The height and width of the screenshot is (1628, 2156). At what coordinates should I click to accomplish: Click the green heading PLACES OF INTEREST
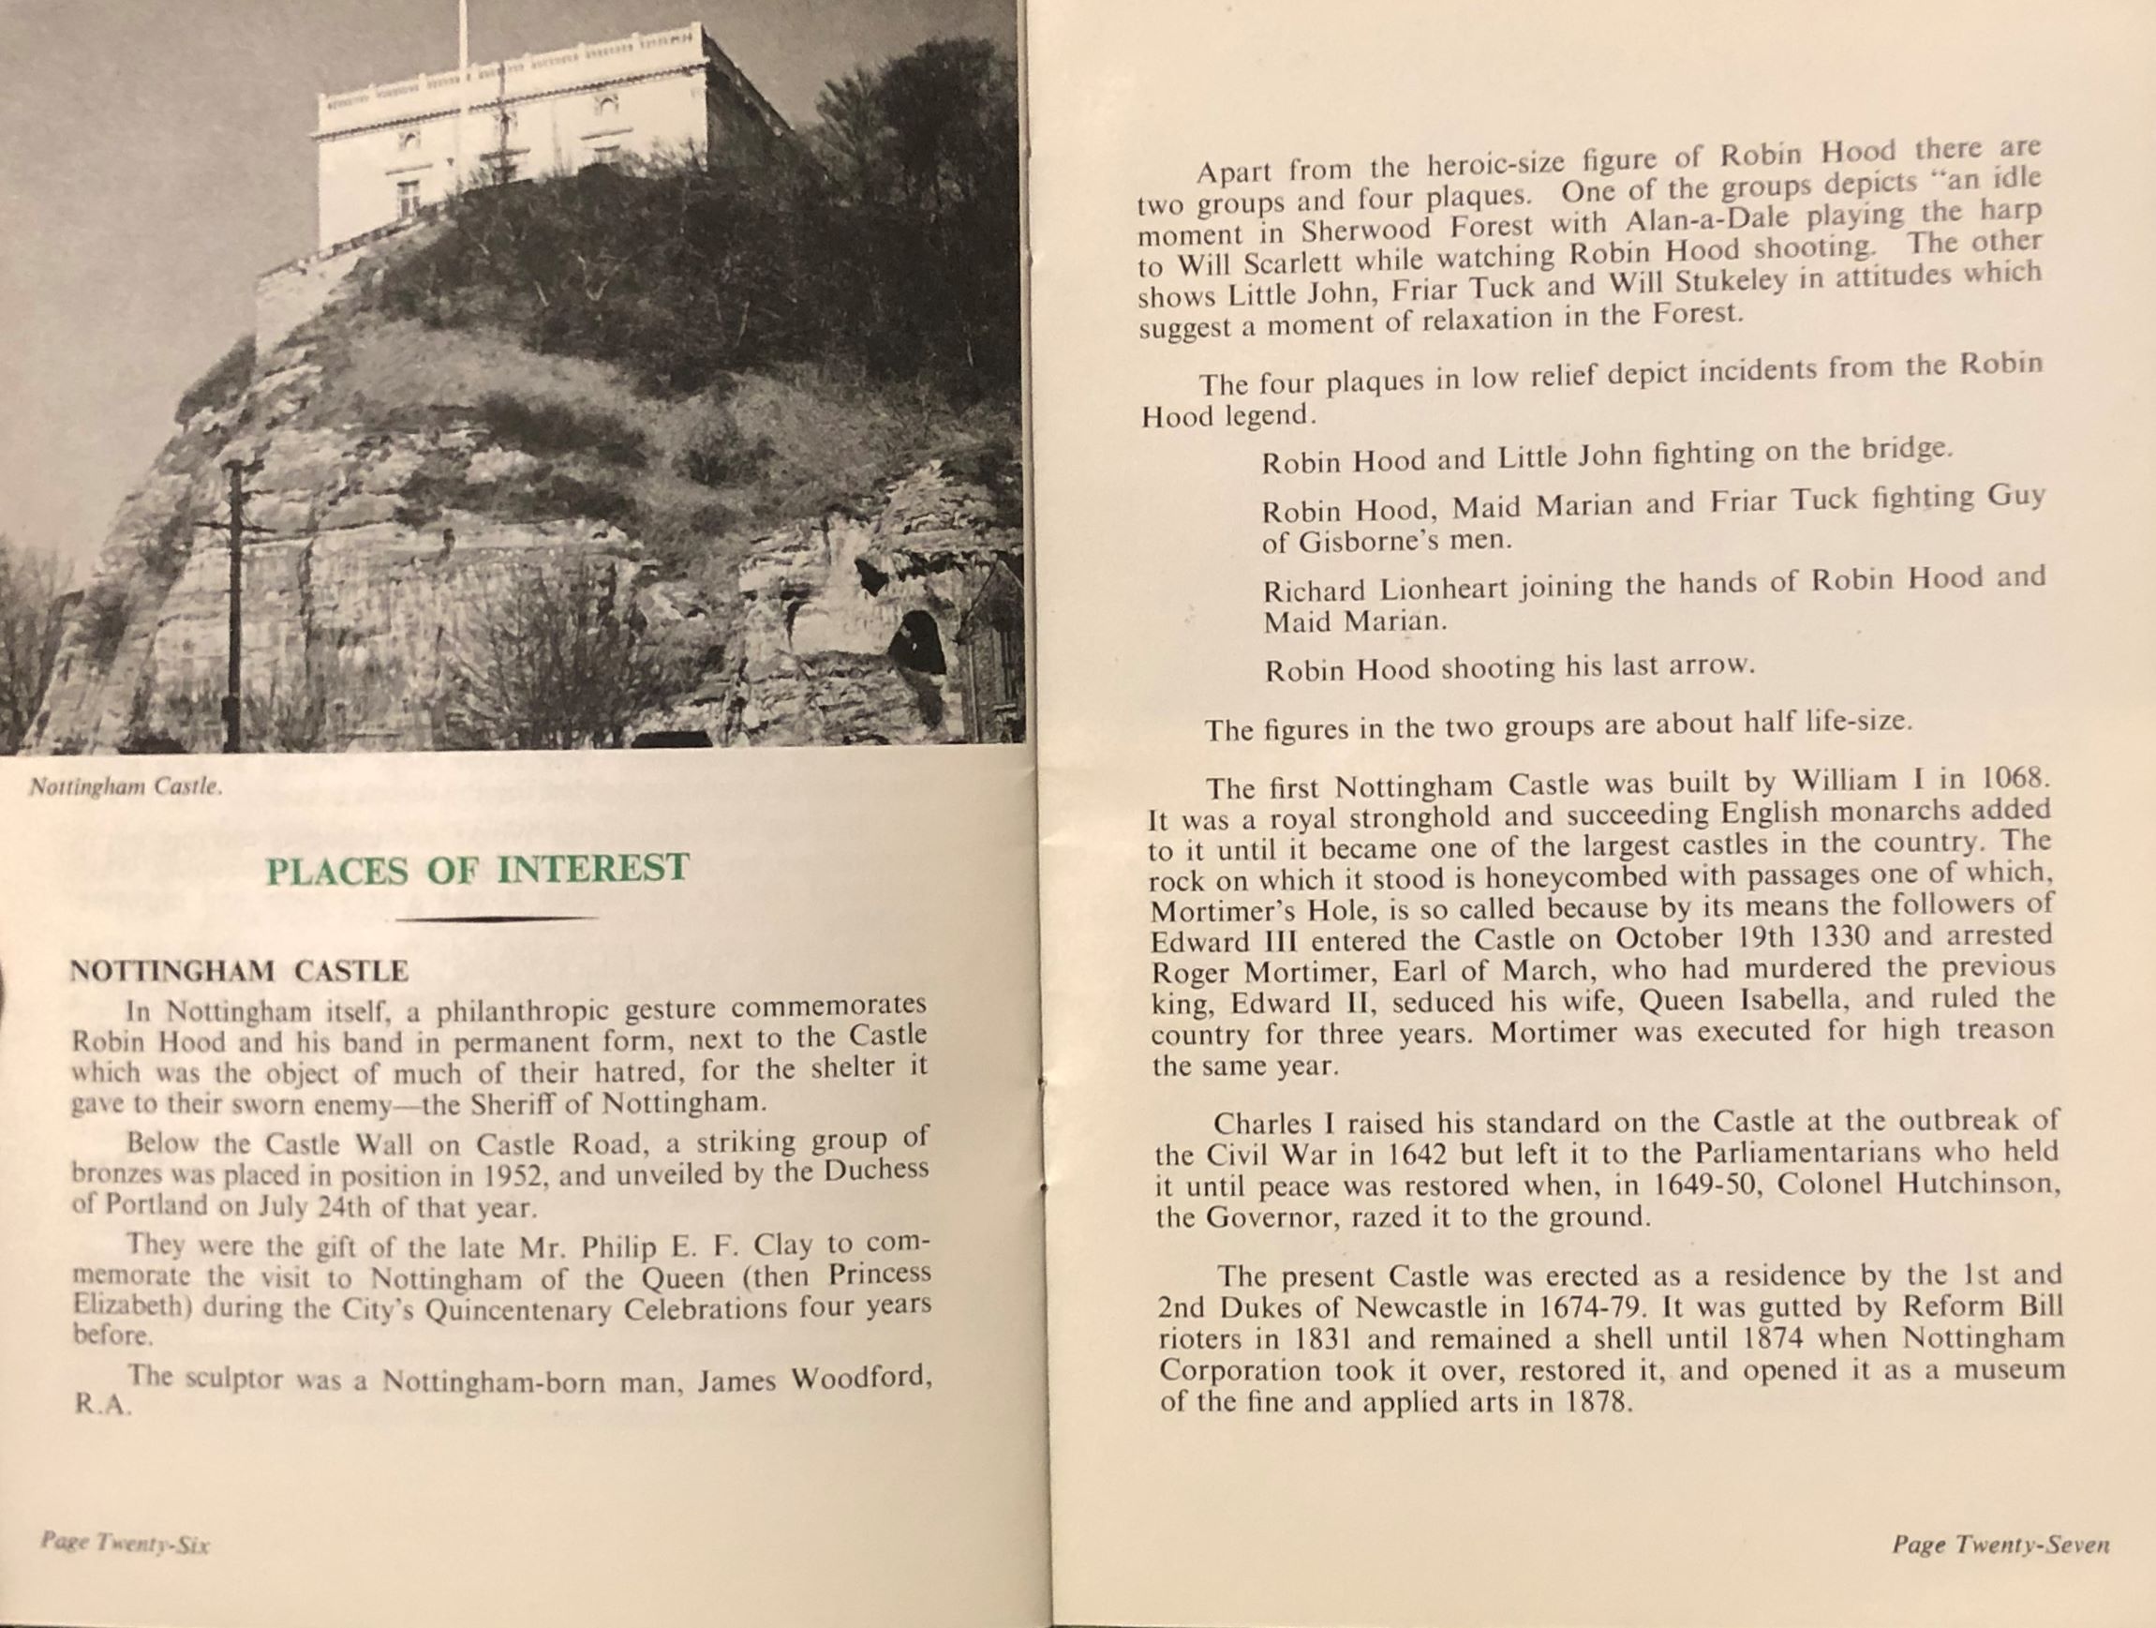478,870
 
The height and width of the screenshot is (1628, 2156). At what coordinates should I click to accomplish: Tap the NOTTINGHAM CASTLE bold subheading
239,971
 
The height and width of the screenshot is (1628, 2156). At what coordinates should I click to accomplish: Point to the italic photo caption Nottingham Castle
126,786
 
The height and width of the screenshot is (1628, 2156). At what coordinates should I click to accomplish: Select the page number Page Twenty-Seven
2000,1545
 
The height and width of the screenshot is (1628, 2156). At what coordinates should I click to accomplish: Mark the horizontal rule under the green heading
498,919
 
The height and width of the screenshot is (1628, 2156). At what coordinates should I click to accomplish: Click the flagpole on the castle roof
464,34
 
